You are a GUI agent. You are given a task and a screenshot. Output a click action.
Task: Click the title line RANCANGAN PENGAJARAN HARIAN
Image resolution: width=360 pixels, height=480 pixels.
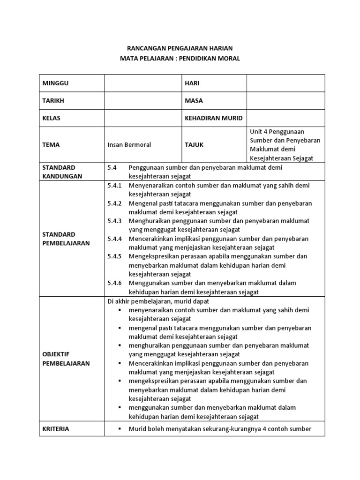click(x=180, y=48)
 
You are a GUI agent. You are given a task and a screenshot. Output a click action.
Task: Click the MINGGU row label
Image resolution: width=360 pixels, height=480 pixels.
click(x=56, y=83)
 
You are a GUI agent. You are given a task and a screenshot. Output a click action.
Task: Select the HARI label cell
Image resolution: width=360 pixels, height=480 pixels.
click(x=193, y=83)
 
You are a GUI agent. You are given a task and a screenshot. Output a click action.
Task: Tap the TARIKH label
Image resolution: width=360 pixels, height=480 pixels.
click(x=53, y=101)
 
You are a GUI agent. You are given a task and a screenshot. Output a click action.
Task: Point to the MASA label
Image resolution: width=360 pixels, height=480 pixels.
click(x=194, y=101)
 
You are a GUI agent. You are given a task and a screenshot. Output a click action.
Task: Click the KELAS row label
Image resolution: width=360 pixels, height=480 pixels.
click(x=52, y=118)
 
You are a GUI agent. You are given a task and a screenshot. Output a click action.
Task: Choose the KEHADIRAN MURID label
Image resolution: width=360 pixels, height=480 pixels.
click(x=213, y=118)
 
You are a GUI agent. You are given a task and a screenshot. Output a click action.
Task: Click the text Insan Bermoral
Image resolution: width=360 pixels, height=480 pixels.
click(x=129, y=145)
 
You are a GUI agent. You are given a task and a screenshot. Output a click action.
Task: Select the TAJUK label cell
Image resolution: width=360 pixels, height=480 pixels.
click(x=194, y=145)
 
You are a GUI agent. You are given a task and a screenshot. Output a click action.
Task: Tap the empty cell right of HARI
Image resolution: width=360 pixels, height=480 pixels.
click(x=285, y=83)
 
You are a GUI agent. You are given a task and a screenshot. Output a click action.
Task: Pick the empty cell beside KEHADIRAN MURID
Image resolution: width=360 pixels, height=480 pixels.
click(x=285, y=118)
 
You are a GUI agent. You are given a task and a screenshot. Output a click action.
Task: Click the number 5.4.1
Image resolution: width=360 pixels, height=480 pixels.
click(x=114, y=186)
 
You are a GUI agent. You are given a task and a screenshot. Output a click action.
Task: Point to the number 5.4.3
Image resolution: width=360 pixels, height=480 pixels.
click(x=114, y=221)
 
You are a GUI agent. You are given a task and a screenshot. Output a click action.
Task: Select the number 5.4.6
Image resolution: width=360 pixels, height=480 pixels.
click(x=114, y=283)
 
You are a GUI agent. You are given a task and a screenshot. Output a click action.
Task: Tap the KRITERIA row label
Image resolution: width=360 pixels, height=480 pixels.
click(x=56, y=429)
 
